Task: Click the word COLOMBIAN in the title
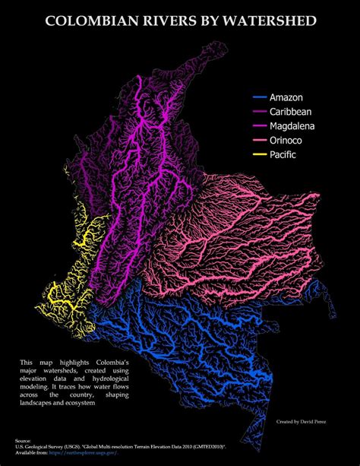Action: (89, 23)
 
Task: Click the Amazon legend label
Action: (287, 98)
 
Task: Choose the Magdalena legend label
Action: (292, 126)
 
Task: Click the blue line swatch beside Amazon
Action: (259, 98)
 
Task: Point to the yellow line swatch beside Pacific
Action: (259, 155)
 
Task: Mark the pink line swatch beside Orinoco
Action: (259, 141)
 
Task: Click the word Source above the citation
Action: (23, 440)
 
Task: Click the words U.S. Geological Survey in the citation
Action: (43, 447)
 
